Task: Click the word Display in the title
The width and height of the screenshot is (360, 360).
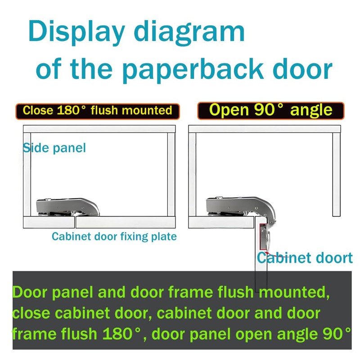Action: click(76, 32)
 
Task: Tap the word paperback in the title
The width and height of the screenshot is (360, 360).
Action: click(192, 70)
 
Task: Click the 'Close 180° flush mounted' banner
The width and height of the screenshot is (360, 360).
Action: click(98, 111)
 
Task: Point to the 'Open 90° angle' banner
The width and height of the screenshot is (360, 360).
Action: click(270, 110)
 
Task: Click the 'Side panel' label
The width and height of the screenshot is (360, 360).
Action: click(54, 148)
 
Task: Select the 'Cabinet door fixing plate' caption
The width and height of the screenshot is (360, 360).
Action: click(114, 236)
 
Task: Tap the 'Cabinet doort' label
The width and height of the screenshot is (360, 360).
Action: click(305, 258)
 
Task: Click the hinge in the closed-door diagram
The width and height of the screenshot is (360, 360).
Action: click(67, 207)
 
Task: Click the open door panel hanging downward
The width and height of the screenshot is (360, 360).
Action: click(261, 270)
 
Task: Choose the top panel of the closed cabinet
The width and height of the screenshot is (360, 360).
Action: click(99, 129)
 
